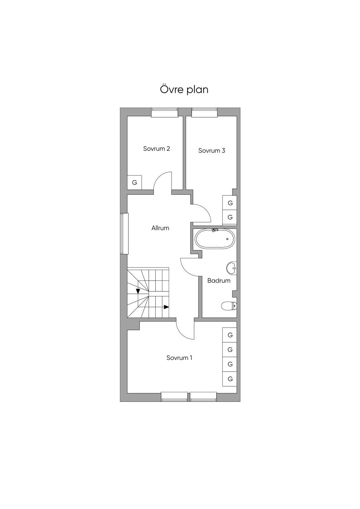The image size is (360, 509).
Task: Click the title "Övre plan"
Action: coord(184,89)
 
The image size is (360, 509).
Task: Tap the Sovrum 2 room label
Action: coord(156,149)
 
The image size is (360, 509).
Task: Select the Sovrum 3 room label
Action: coord(212,150)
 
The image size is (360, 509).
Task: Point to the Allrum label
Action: coord(160,228)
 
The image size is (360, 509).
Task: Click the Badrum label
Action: coord(219,281)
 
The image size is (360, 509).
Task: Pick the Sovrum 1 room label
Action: coord(179,358)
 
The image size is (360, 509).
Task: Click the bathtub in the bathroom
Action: coord(214,238)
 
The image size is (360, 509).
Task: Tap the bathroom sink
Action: coord(232,268)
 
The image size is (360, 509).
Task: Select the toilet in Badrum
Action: coord(229,306)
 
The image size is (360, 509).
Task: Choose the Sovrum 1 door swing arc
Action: coord(181,334)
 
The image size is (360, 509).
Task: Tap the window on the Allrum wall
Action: coord(124,233)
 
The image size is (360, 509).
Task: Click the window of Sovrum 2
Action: coord(165,112)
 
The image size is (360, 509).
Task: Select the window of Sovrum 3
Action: coord(204,112)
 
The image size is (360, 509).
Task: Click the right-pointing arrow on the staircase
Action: coord(166,307)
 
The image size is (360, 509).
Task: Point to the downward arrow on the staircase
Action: coord(138,291)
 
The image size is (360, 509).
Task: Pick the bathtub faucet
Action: coord(214,230)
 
